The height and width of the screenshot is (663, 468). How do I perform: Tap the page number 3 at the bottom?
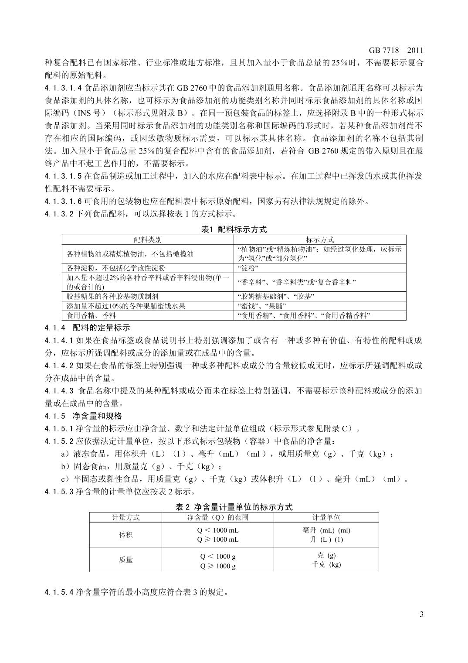pos(421,615)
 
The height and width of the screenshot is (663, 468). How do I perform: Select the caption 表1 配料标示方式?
pos(234,229)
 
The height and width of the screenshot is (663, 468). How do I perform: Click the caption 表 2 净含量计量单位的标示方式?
pos(234,507)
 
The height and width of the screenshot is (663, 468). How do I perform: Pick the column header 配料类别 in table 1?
pos(148,239)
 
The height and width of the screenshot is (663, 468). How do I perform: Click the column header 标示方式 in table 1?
pos(320,239)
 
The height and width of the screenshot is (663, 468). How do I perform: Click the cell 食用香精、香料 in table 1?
pos(91,315)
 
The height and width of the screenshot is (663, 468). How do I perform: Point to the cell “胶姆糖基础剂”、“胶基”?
pos(276,297)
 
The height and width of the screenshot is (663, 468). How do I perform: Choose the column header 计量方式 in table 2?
pos(125,517)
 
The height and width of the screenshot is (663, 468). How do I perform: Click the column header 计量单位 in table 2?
pos(326,517)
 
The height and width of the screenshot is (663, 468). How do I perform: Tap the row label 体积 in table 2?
pos(125,535)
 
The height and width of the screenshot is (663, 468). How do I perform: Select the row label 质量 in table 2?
pos(125,560)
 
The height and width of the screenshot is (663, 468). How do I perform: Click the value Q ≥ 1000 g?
pos(218,566)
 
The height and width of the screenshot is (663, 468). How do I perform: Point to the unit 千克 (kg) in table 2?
pos(326,564)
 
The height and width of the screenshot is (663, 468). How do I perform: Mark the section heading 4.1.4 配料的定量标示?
pos(87,328)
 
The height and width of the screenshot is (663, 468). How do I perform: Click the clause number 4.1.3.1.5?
pos(63,177)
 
